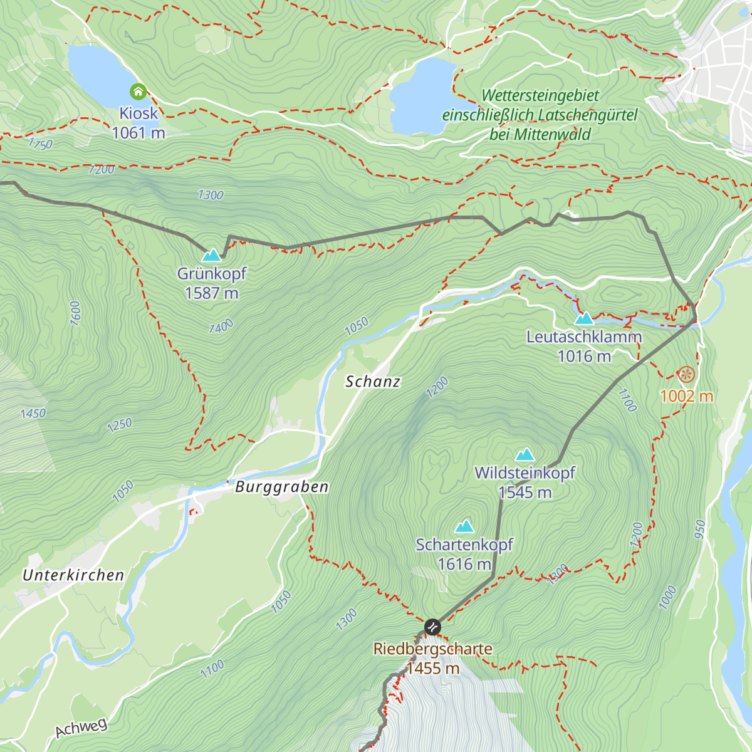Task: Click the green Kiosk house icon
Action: coord(138,92)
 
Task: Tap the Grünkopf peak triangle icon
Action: coord(212,254)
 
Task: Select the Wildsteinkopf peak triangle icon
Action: coord(525,454)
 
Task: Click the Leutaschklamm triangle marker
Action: coord(584,318)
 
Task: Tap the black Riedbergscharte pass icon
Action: coord(432,627)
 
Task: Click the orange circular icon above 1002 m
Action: coord(686,375)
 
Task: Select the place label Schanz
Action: coord(373,382)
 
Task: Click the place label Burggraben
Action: coord(281,487)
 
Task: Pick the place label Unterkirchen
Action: coord(73,575)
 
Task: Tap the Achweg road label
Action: coord(81,729)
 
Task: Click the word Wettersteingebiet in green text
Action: coord(540,96)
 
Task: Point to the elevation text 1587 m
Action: coord(212,293)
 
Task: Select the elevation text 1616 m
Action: coord(464,565)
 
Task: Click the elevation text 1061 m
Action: coord(138,133)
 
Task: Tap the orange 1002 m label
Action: coord(686,396)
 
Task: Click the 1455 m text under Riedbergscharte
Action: coord(433,669)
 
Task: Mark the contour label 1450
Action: coord(33,414)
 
